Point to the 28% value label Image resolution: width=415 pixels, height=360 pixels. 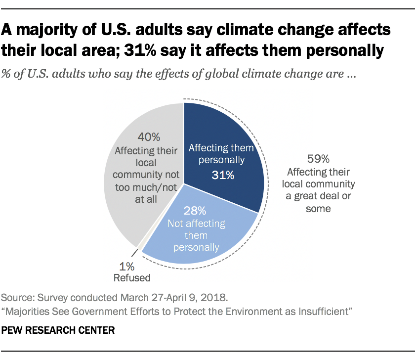point(196,210)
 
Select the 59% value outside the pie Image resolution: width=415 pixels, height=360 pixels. point(318,159)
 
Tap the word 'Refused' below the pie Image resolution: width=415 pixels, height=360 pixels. point(132,278)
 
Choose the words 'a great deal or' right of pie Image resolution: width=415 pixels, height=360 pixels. point(318,196)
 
